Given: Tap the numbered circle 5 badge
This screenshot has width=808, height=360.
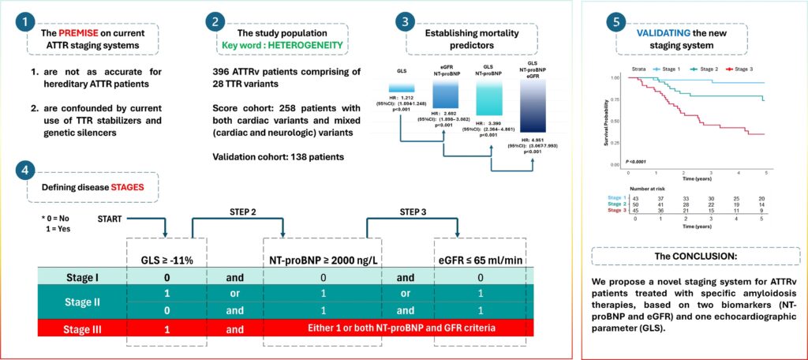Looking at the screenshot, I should coord(615,24).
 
